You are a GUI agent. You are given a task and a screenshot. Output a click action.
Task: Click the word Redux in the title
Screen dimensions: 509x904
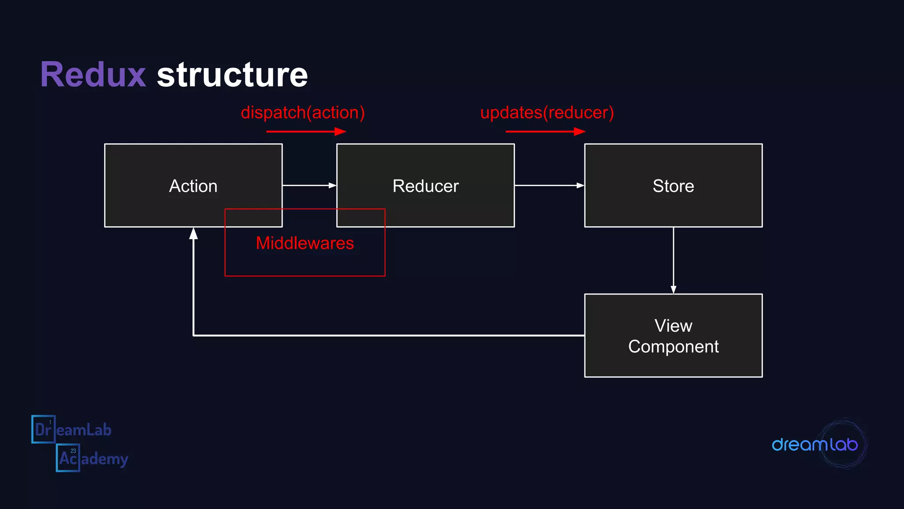93,75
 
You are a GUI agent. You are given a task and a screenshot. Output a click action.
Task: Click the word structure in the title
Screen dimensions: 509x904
232,75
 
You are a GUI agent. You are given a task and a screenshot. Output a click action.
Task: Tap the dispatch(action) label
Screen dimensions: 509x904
303,113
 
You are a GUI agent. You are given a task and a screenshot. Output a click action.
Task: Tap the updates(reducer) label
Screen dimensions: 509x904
547,113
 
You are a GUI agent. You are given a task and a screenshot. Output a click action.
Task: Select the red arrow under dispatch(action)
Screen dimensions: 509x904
306,131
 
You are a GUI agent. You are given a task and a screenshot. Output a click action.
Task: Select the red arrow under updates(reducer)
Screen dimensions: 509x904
545,131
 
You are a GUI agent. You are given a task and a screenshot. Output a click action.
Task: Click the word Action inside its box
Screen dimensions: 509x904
193,186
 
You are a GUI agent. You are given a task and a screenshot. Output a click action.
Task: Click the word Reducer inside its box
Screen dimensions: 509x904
426,186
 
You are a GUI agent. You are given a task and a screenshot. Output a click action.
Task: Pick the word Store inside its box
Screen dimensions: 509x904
673,186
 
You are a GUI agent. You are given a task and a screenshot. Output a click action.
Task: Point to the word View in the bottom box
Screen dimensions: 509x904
673,326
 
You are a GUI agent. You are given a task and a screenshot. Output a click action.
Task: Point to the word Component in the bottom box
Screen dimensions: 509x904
673,347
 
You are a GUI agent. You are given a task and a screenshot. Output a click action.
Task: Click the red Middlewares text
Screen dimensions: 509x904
305,243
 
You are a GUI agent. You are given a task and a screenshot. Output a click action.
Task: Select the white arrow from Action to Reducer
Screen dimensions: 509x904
309,186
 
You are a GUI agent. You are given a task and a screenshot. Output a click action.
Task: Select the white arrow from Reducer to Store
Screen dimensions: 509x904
549,186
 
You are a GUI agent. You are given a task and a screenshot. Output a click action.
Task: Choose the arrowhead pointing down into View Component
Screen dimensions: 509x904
673,289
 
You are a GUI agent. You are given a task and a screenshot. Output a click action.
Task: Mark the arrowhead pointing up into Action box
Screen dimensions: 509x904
193,233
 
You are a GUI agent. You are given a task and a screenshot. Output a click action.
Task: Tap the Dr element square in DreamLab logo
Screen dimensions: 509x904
43,429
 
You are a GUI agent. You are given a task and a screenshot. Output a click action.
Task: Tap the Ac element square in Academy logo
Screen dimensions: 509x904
68,458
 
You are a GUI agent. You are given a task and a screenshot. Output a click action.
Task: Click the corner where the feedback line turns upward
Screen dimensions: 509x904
193,335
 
